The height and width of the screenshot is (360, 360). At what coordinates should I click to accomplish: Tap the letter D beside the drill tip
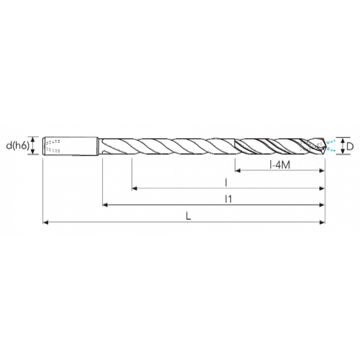350,146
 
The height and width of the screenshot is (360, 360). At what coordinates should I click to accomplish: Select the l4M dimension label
279,166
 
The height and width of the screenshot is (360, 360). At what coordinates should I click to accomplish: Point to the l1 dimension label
229,199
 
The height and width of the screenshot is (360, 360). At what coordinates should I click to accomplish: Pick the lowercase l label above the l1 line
226,182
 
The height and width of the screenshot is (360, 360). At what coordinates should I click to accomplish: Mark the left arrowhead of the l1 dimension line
105,205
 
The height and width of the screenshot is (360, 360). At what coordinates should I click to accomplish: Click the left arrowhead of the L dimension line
44,222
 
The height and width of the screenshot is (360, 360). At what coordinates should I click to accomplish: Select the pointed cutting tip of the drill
324,146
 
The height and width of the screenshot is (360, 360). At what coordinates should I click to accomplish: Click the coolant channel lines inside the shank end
49,146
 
